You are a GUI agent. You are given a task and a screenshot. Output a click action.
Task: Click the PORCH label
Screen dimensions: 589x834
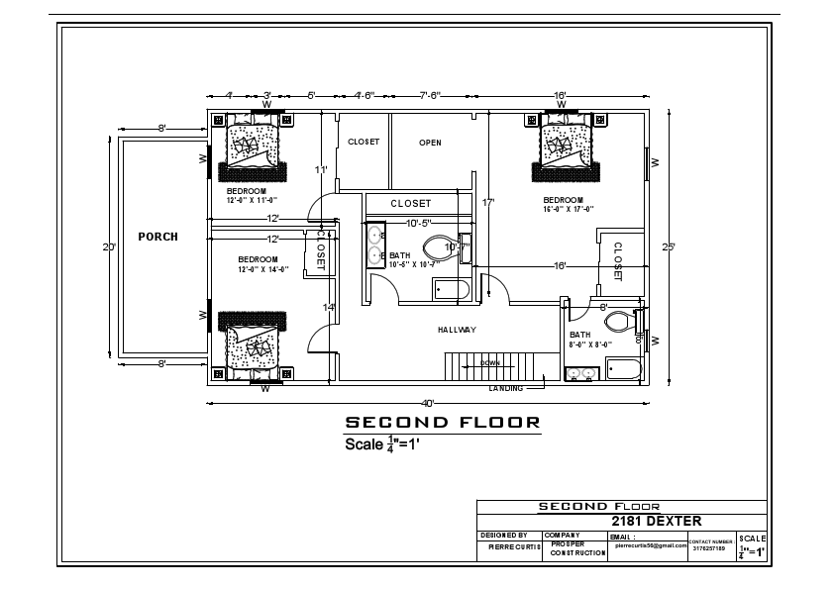pos(157,237)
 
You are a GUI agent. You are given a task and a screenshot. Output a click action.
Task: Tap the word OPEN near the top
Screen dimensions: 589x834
pos(430,143)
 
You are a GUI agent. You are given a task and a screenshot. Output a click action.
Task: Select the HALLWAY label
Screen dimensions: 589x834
pos(457,330)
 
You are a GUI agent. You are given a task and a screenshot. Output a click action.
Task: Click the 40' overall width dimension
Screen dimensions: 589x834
pos(428,403)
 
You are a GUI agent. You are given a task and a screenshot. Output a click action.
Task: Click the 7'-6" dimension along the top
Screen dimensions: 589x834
pos(430,96)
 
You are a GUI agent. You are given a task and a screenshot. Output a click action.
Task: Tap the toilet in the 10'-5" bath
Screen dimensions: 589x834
pos(438,248)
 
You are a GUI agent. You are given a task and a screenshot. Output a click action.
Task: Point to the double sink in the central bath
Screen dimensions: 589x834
pos(376,245)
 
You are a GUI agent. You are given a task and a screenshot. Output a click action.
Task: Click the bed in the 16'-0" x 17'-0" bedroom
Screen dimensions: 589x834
pos(568,147)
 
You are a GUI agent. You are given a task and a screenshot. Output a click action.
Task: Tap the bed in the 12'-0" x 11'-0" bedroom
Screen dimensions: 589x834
pos(253,147)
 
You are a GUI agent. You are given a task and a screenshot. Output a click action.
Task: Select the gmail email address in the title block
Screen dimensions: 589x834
pos(650,545)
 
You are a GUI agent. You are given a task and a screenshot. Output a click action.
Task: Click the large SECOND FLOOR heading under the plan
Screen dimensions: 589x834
pos(442,423)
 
